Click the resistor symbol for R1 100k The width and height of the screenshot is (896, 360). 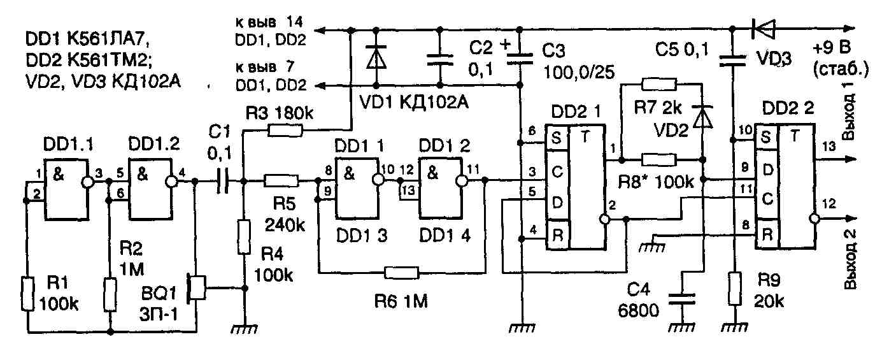tap(27, 294)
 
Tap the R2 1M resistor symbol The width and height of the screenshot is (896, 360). tap(110, 295)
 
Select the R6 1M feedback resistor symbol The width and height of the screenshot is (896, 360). tap(402, 273)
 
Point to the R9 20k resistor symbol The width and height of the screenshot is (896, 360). tap(734, 289)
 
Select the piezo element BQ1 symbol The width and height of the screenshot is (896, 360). tap(196, 287)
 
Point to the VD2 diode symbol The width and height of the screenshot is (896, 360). tap(703, 117)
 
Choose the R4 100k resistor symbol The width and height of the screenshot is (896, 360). tap(244, 237)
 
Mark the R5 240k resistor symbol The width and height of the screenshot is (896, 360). tap(281, 181)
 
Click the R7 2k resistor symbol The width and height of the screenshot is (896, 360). tap(659, 84)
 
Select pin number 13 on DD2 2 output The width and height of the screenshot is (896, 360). tap(829, 147)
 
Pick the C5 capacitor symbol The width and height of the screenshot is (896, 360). tap(732, 61)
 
